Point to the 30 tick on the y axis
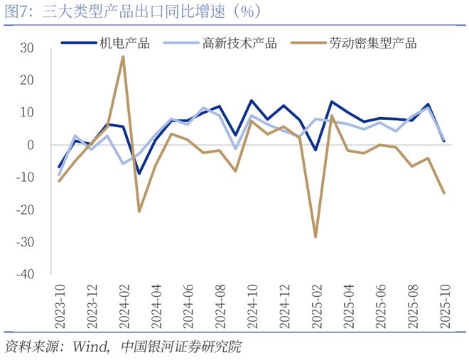27,48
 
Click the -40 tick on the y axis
25,275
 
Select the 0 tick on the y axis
31,146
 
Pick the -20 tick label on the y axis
25,210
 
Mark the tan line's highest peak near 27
123,57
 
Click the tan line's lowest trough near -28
316,236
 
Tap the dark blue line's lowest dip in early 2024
139,173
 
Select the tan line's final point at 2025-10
444,192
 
